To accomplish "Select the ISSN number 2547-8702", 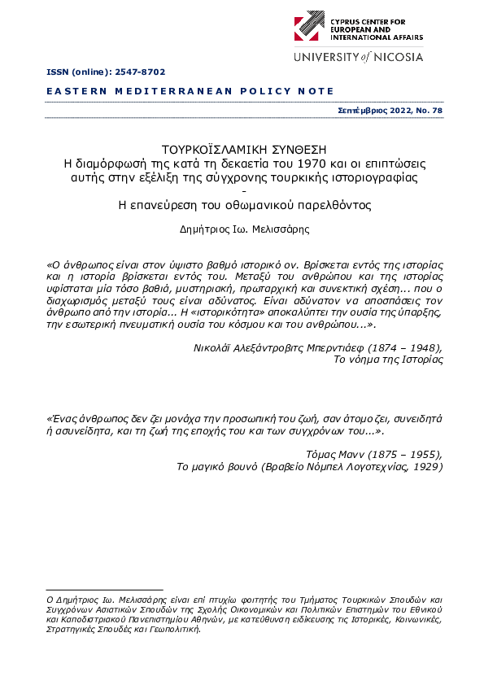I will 131,73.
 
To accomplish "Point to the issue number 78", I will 437,110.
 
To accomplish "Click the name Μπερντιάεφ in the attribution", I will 321,346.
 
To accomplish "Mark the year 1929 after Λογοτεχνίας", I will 425,467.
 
